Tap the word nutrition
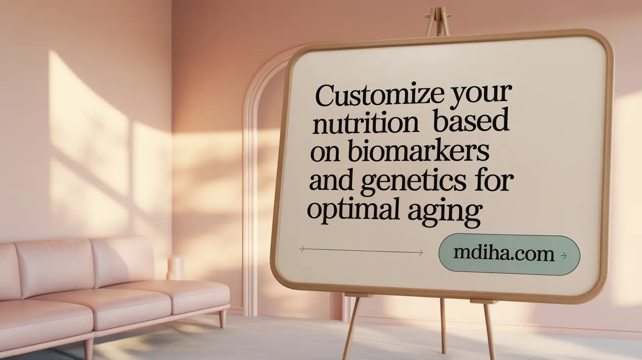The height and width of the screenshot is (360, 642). pos(366,124)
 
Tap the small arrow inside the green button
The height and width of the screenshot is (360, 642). pos(564,255)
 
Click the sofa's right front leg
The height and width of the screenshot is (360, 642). pos(223,318)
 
